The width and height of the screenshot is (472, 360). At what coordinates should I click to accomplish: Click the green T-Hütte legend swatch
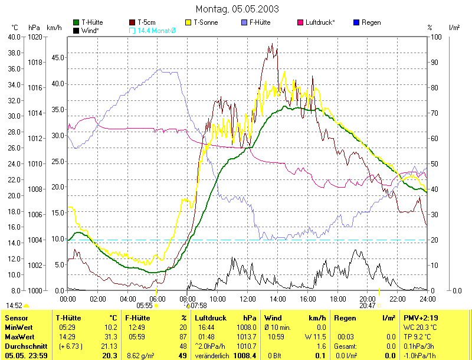76,23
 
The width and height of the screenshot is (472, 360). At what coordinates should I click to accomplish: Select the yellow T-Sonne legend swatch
189,23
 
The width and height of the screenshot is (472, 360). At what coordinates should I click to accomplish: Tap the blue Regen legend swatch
356,23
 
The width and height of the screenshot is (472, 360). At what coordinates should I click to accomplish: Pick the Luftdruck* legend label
320,23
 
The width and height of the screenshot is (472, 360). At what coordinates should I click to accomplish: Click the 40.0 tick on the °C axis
12,37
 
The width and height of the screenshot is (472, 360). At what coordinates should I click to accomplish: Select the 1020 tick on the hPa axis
35,37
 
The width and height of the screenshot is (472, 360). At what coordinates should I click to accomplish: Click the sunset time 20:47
368,305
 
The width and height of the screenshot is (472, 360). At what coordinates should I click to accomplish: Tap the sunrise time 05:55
145,305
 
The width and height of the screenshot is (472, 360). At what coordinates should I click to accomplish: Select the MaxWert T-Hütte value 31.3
111,336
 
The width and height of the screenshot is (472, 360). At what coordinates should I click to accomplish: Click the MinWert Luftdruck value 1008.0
248,328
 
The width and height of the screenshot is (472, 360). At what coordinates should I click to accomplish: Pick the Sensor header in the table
16,318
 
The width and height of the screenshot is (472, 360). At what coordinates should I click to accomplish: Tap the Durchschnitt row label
25,346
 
